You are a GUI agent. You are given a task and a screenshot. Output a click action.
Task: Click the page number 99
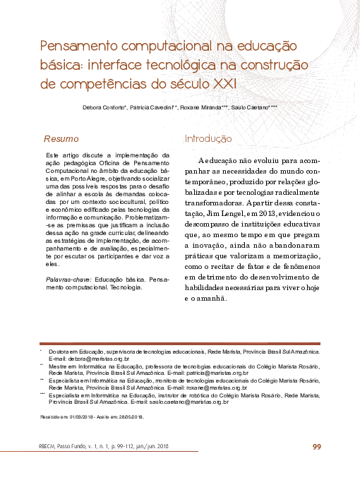(x=316, y=446)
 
